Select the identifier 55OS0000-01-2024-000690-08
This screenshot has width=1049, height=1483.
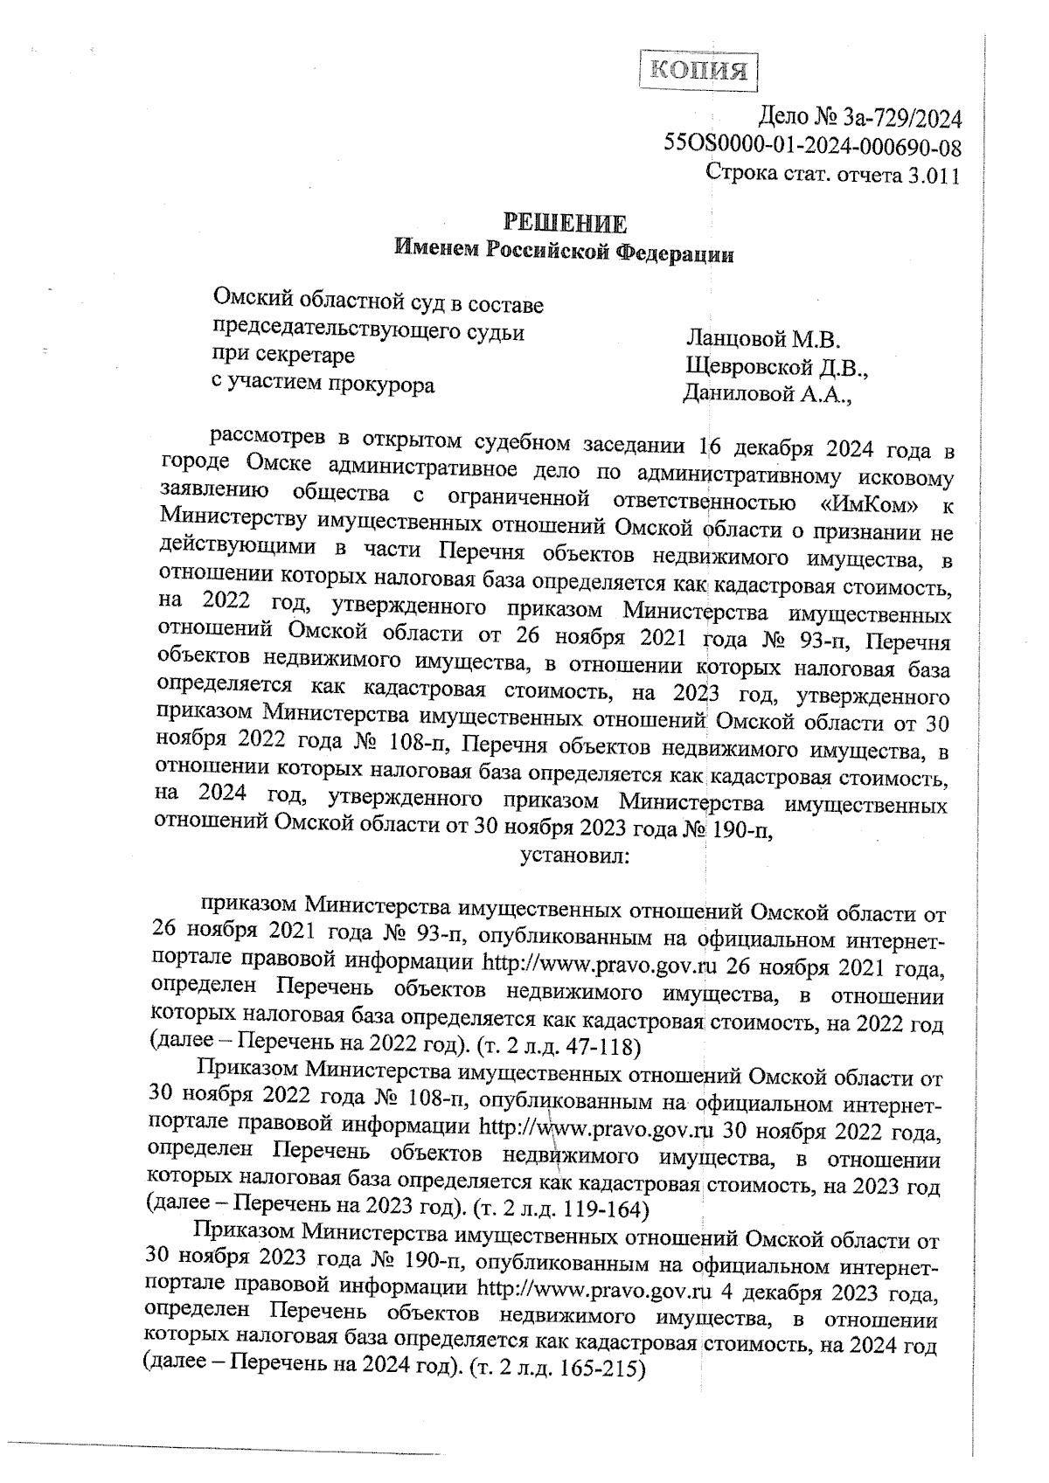(813, 146)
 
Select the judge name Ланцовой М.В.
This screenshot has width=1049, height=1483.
(762, 338)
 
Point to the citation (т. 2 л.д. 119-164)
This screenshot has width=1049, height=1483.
(560, 1211)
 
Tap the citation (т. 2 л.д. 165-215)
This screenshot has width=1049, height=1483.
(557, 1370)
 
